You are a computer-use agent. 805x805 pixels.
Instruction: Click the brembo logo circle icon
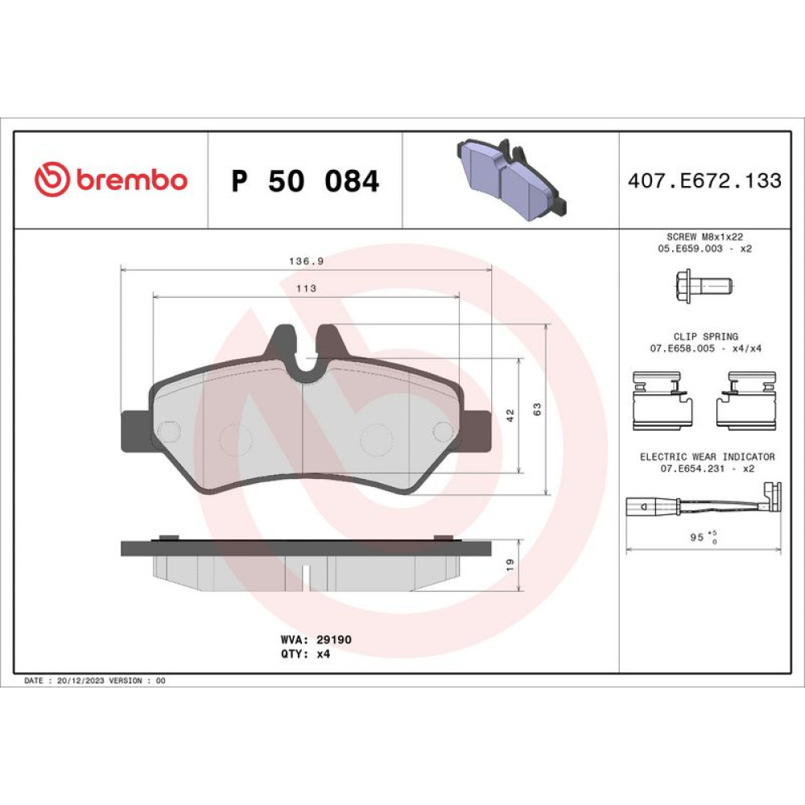pos(52,180)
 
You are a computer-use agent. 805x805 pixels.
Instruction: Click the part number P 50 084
pos(305,180)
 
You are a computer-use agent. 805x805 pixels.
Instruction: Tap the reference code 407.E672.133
pos(704,180)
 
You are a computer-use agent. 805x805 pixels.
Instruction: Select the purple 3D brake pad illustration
pos(512,180)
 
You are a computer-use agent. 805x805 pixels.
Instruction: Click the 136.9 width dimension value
pos(306,262)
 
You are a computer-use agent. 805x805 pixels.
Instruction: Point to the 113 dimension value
pos(306,288)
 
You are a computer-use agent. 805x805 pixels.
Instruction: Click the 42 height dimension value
pos(510,415)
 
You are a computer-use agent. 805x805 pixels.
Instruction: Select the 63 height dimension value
pos(537,409)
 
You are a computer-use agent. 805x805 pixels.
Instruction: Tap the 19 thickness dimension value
pos(510,565)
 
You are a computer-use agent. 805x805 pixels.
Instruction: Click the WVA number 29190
pos(334,640)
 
